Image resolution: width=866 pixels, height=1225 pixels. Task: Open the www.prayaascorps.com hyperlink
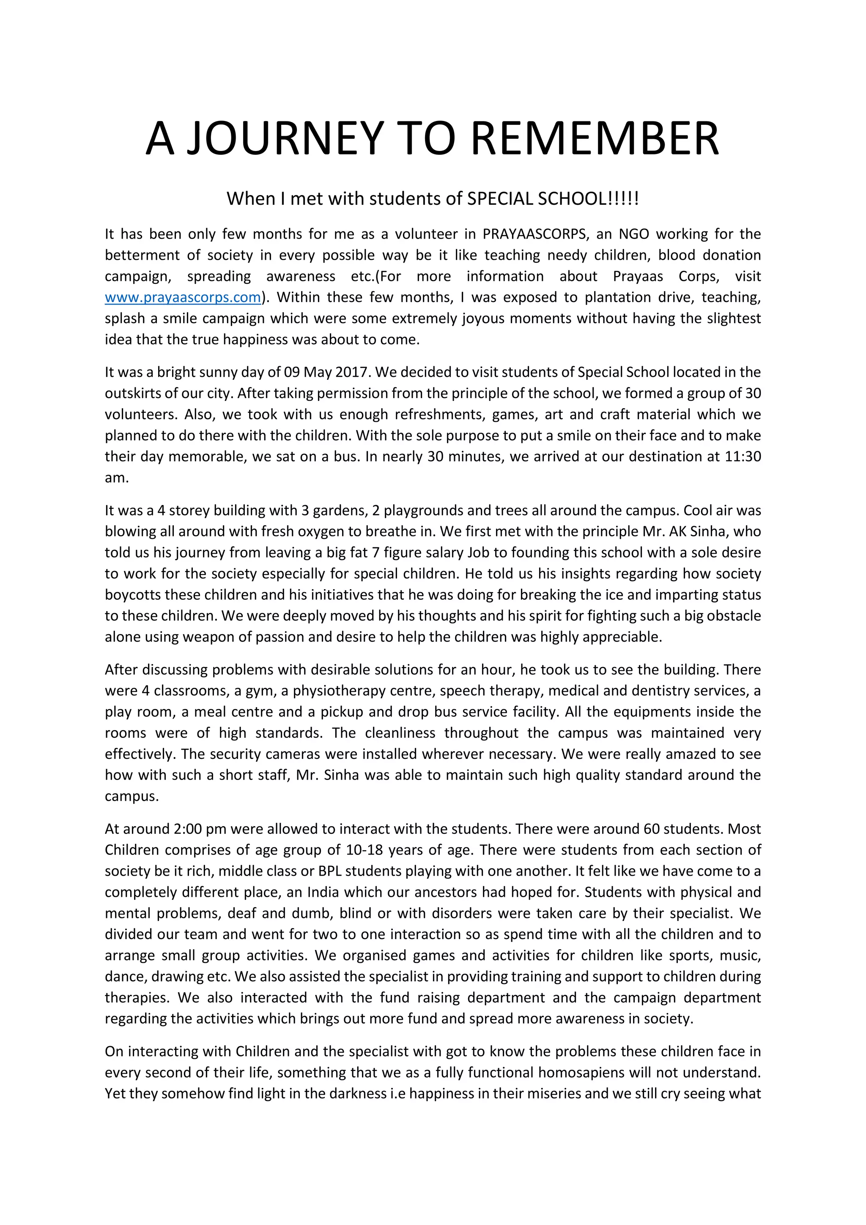[183, 297]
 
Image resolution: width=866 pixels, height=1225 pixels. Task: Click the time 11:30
[743, 457]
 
